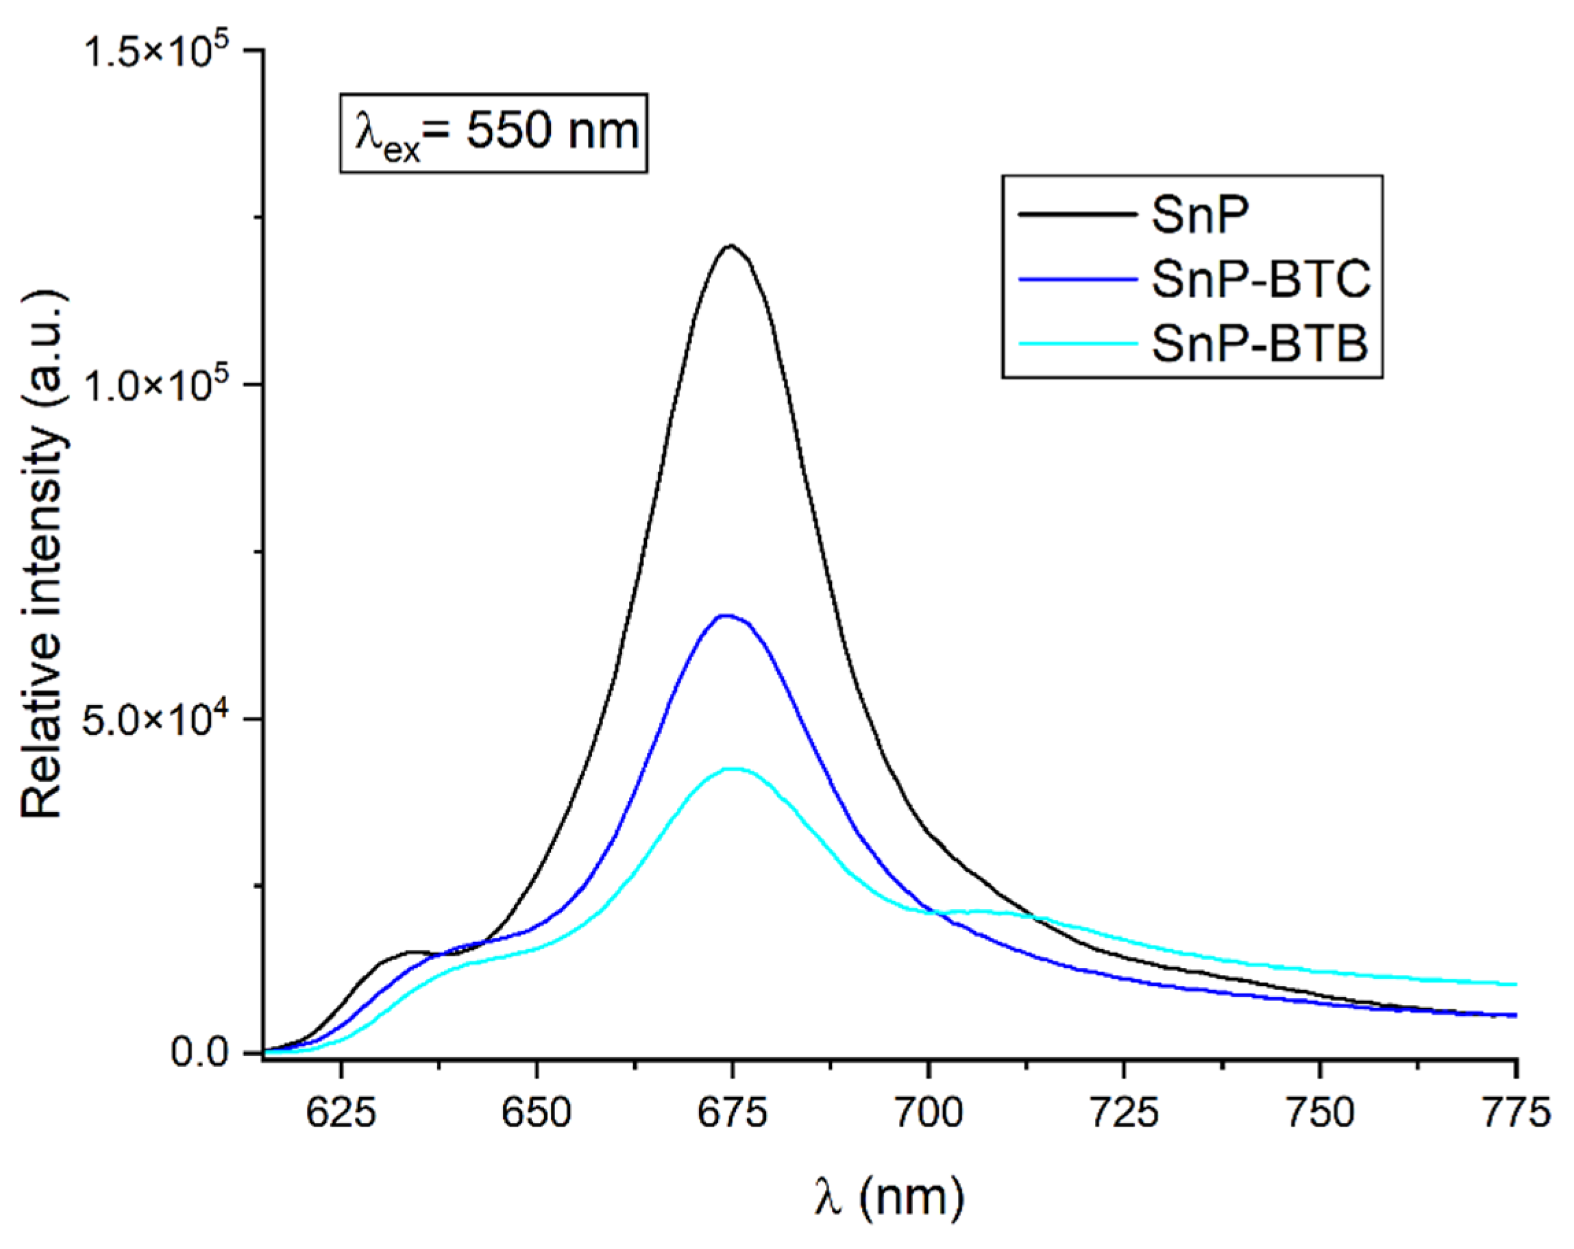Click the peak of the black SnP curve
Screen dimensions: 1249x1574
click(730, 246)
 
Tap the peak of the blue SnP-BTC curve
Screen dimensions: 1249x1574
click(725, 615)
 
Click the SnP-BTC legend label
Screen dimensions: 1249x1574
click(1261, 279)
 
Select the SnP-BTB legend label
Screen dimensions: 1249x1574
click(1259, 343)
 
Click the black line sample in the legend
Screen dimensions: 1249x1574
click(1078, 214)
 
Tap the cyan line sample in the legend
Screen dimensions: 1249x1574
click(1078, 343)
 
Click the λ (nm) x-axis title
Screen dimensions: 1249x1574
click(889, 1198)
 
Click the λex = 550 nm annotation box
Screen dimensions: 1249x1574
click(493, 133)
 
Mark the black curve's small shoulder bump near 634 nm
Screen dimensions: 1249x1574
click(410, 952)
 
